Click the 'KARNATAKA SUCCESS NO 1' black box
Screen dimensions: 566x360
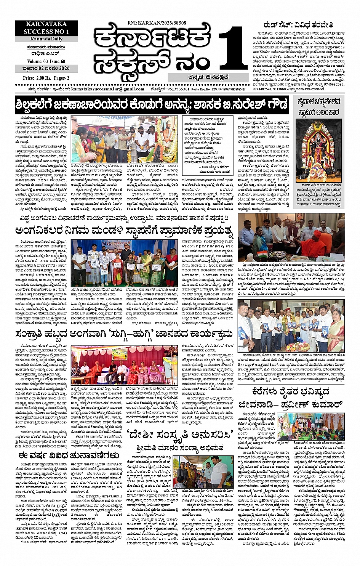coord(46,27)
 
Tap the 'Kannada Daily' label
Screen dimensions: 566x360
coord(46,39)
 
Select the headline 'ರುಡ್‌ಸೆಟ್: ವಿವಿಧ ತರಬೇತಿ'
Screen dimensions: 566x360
coord(295,25)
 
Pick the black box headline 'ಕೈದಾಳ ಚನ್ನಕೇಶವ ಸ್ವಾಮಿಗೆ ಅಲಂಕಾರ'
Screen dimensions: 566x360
coord(319,106)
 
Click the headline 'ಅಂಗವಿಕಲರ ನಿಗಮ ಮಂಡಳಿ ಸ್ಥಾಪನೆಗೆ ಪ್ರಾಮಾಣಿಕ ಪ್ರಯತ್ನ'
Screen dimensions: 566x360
coord(123,231)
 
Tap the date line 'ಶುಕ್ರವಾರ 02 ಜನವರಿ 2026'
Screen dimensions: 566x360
coord(46,69)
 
